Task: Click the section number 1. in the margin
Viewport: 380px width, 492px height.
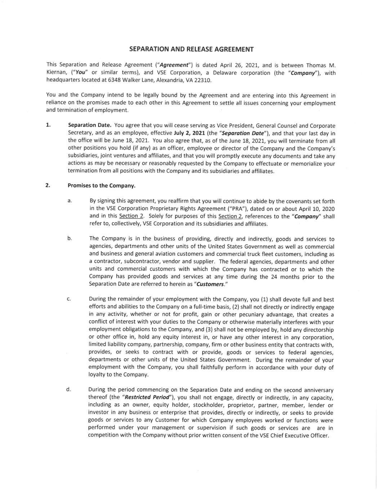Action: [48, 125]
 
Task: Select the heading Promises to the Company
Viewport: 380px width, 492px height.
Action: [102, 186]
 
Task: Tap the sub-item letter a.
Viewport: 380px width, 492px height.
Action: [70, 201]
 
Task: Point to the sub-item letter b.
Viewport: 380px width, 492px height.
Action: [70, 238]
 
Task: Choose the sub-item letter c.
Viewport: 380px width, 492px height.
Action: [69, 299]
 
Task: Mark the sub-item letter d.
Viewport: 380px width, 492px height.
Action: [68, 389]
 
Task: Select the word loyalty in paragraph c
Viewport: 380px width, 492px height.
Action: [98, 374]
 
